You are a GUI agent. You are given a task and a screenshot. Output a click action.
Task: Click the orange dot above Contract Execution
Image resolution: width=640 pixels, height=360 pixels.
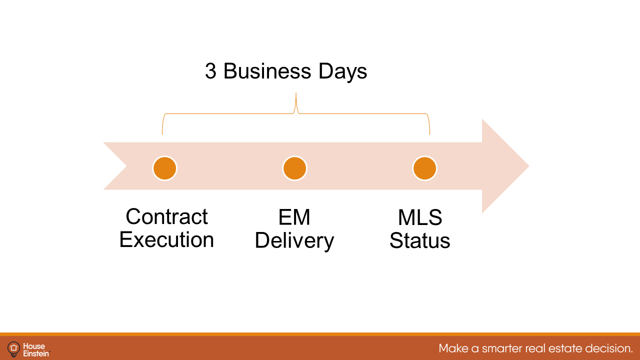164,168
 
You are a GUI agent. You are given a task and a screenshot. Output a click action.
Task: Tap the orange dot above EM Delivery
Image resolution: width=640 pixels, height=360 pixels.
294,168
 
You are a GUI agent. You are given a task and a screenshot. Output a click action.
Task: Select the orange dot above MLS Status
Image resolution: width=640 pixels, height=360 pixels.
424,168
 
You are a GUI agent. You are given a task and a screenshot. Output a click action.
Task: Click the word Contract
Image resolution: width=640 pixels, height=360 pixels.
166,216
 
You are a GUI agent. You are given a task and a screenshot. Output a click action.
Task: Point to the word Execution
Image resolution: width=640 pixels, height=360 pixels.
166,240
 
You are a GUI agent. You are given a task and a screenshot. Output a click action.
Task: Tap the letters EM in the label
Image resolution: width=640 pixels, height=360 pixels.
294,217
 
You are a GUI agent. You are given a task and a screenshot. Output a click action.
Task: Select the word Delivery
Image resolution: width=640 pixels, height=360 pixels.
294,241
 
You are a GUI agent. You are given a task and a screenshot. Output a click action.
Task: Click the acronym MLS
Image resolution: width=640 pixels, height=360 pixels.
420,217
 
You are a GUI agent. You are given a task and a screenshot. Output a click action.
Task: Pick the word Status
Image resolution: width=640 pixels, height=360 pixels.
420,241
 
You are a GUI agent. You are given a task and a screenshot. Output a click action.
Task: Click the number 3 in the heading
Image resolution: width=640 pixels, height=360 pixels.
210,71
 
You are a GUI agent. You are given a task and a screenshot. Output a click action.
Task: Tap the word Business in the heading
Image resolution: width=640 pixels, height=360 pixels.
260,71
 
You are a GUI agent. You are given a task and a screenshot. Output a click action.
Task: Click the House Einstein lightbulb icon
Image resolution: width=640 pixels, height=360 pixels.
14,348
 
